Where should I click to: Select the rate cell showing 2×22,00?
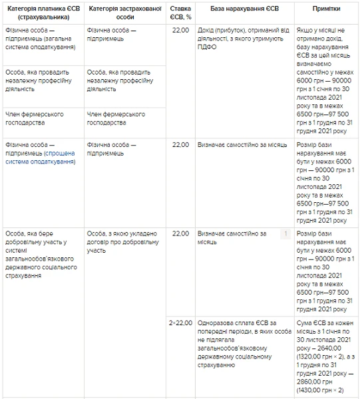click(180, 323)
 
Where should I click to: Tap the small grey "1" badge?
click(284, 234)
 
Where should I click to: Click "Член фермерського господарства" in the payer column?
click(34, 118)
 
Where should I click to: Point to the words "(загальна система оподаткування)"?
click(40, 43)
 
